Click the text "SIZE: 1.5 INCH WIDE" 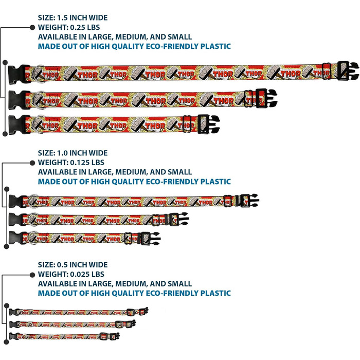(x=73, y=17)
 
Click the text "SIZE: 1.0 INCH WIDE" (x=73, y=153)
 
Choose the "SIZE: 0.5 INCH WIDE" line (x=73, y=265)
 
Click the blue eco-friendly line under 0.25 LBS (x=134, y=46)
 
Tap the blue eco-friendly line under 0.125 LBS (x=134, y=182)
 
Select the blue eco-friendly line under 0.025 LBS (x=134, y=293)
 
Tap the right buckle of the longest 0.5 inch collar (x=143, y=312)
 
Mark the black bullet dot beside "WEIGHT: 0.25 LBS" (x=32, y=27)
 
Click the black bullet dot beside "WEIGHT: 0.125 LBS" (x=32, y=163)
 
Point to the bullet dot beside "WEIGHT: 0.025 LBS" (x=32, y=274)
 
